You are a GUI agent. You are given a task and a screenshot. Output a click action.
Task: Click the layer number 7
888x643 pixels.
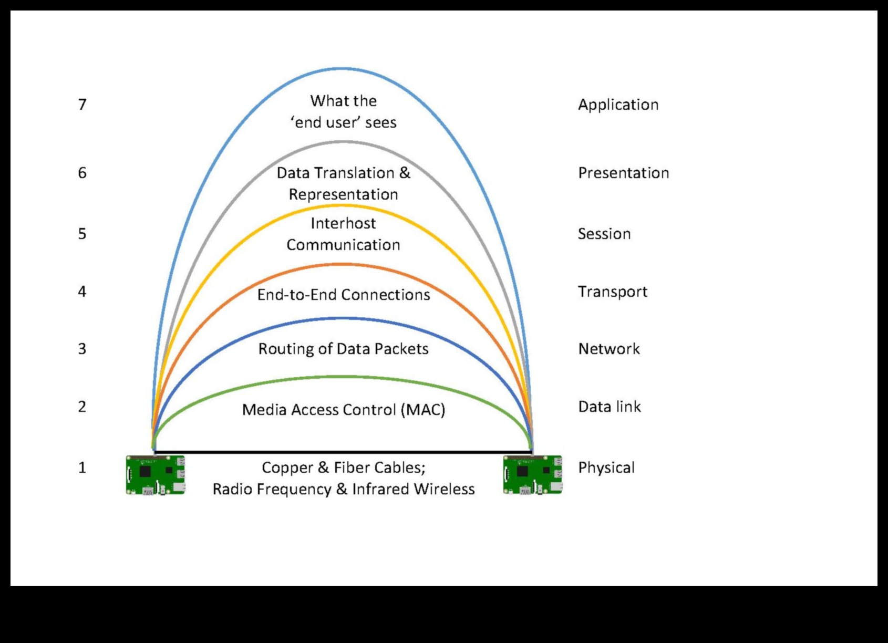pos(82,105)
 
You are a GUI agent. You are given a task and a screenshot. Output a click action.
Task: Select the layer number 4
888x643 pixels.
pos(82,292)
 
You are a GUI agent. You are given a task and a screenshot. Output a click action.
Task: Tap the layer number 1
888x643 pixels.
pos(82,468)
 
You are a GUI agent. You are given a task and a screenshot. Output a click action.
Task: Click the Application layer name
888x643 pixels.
pos(618,105)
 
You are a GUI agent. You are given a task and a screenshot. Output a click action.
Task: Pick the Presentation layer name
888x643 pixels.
pos(623,173)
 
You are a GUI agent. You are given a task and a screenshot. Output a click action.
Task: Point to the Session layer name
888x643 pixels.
pos(604,234)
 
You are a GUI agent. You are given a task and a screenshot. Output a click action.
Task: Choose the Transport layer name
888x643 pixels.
pos(613,292)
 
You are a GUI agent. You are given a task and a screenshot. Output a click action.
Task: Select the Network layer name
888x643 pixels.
pos(609,349)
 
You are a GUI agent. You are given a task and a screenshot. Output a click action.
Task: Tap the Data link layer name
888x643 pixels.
pos(610,407)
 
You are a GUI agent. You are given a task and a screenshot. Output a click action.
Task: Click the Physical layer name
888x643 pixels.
pos(606,468)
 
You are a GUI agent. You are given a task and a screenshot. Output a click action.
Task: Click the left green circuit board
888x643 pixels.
pos(156,475)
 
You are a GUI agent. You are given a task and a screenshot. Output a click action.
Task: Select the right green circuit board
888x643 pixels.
pos(533,475)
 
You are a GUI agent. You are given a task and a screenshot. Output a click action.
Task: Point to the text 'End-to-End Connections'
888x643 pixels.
pos(344,295)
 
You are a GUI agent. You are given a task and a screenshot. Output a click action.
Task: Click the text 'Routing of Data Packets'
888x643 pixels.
pos(344,349)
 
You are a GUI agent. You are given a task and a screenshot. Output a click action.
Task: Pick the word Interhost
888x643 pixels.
pos(344,223)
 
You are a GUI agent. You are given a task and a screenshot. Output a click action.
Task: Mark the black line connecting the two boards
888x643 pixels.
pos(344,452)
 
